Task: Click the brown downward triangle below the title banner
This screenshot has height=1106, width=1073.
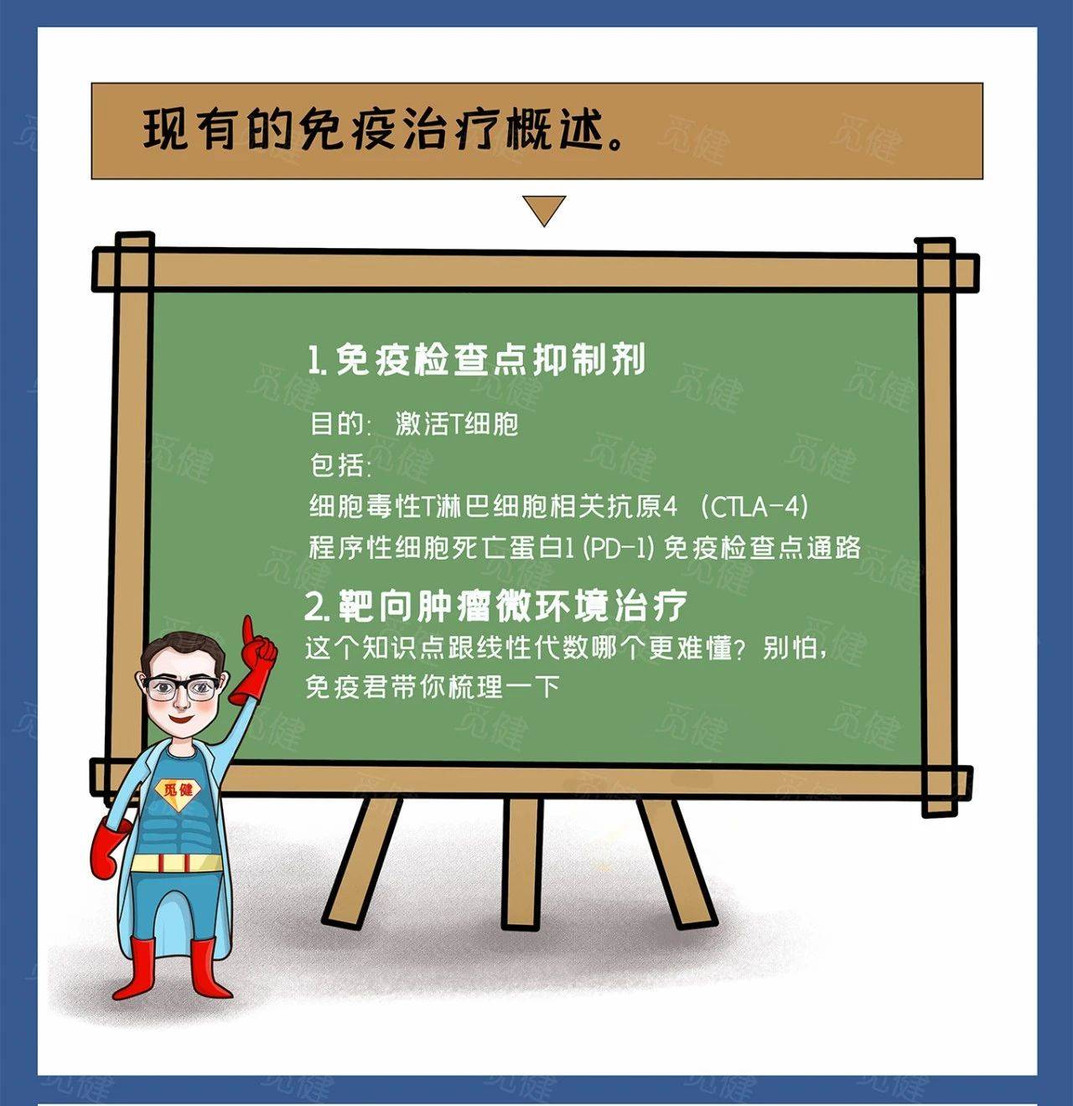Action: [544, 209]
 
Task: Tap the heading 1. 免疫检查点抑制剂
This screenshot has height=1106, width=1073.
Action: [476, 359]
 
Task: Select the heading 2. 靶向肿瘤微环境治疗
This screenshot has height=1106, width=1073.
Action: [495, 606]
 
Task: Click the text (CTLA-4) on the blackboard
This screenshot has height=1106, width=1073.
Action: [754, 506]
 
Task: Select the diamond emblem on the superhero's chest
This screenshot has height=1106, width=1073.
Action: [177, 792]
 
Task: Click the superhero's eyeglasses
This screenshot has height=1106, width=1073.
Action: [181, 688]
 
